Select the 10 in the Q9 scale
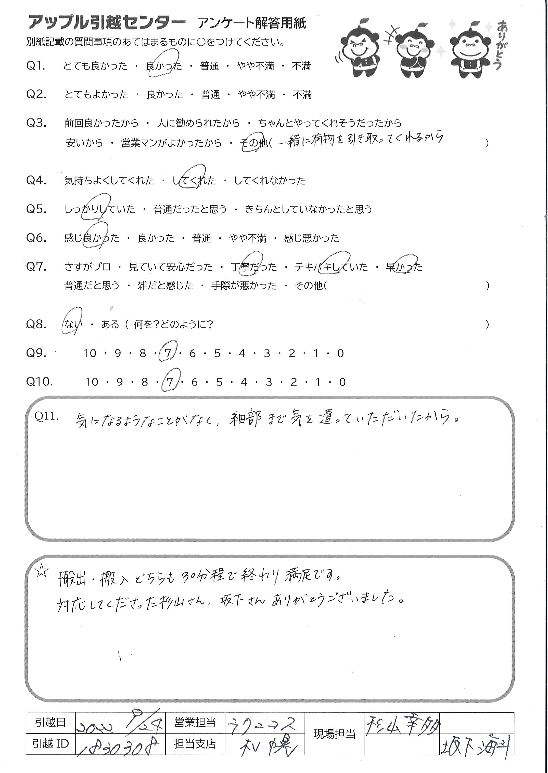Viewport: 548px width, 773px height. click(x=90, y=354)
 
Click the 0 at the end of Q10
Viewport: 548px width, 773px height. click(x=342, y=382)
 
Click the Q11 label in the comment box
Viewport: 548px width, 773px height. click(x=47, y=416)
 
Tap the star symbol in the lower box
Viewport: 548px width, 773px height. click(x=42, y=572)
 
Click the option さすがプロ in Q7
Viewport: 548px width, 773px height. click(x=87, y=267)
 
